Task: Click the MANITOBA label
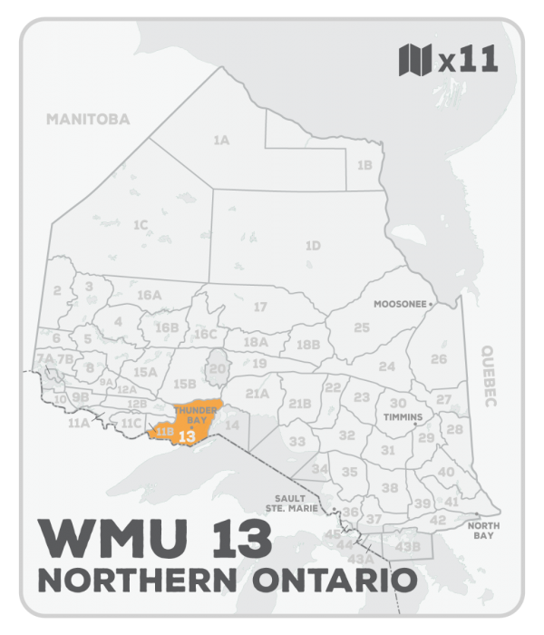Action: click(88, 119)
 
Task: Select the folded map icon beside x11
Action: click(414, 61)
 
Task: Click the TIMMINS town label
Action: click(403, 417)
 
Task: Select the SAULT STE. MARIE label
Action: click(291, 503)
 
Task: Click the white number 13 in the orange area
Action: click(189, 436)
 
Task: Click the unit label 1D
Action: click(313, 246)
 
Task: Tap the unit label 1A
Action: click(220, 141)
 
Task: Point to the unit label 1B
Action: click(364, 165)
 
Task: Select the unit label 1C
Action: click(140, 224)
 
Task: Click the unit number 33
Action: click(297, 441)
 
